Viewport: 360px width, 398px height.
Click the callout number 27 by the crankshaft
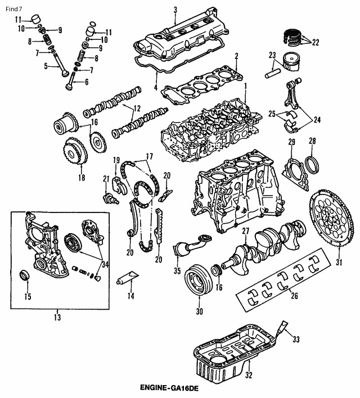tap(245, 232)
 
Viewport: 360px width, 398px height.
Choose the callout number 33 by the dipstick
tap(296, 338)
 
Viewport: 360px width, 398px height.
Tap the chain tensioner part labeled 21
tap(109, 197)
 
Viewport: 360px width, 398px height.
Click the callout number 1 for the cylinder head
tap(245, 85)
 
